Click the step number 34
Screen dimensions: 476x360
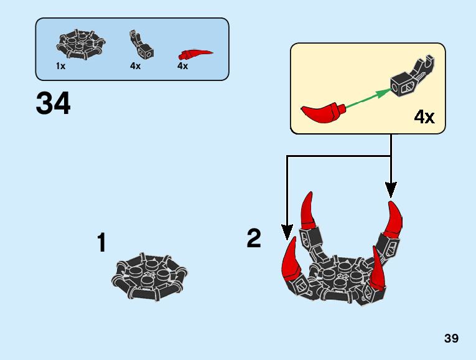54,103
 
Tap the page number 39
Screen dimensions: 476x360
451,339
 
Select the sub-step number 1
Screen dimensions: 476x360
101,243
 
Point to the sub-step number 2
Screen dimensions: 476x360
254,238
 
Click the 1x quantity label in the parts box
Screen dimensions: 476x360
60,66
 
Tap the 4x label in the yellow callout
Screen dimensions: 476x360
424,116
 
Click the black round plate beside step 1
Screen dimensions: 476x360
149,277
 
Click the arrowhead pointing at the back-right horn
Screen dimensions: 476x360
391,190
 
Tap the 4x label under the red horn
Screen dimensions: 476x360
182,66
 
